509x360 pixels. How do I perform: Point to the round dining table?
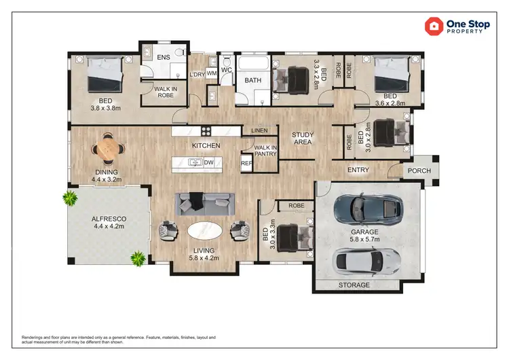pyautogui.click(x=107, y=147)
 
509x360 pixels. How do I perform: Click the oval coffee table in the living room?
pyautogui.click(x=205, y=232)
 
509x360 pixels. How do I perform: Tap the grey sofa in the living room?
pyautogui.click(x=205, y=202)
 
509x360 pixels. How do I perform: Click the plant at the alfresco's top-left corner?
pyautogui.click(x=69, y=198)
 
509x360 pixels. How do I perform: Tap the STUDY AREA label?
pyautogui.click(x=302, y=139)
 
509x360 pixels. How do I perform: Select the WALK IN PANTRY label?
pyautogui.click(x=265, y=151)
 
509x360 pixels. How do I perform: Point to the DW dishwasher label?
pyautogui.click(x=209, y=163)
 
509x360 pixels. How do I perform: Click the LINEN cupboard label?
pyautogui.click(x=259, y=130)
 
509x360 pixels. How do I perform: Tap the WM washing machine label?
pyautogui.click(x=211, y=73)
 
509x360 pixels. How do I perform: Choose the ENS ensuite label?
pyautogui.click(x=164, y=58)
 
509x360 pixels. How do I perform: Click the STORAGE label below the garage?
pyautogui.click(x=354, y=285)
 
